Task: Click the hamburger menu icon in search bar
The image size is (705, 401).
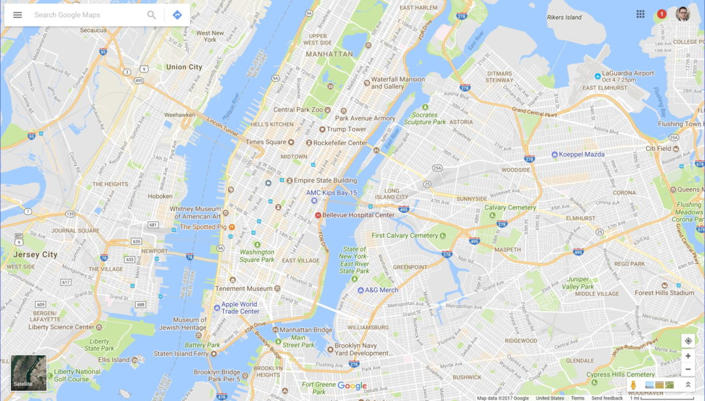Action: pos(18,15)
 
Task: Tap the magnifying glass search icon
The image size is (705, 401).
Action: pos(151,15)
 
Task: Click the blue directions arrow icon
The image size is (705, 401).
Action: pos(177,15)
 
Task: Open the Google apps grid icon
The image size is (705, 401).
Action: pos(640,14)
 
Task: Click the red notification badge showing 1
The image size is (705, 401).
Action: pos(662,14)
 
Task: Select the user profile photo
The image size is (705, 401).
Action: pos(683,14)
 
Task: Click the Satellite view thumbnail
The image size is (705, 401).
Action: pos(29,373)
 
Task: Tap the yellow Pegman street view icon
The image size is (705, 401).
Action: pos(633,385)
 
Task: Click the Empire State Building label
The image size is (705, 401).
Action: pos(325,180)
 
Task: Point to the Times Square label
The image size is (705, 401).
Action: pos(266,142)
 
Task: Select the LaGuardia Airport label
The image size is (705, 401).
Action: pos(627,74)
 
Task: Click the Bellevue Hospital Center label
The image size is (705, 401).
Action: pos(358,215)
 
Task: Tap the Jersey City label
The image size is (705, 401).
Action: pos(35,255)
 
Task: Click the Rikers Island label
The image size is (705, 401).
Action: pos(564,18)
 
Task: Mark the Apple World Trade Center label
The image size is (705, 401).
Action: pos(240,308)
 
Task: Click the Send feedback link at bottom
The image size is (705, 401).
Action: pos(607,398)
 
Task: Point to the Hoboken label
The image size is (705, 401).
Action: pos(160,196)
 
